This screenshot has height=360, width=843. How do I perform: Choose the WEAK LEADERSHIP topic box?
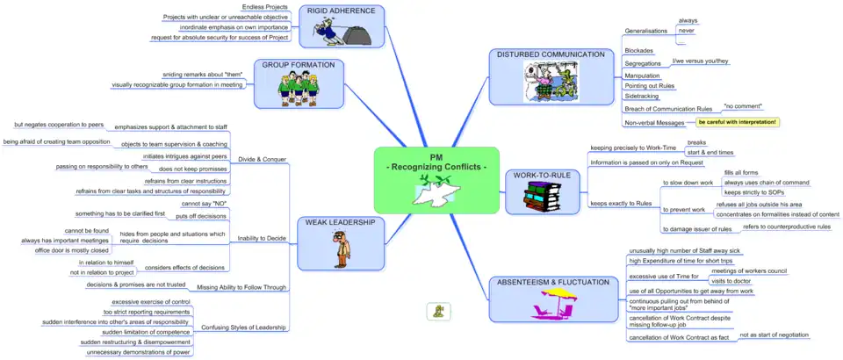click(340, 242)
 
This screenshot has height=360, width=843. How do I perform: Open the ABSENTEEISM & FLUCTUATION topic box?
click(552, 299)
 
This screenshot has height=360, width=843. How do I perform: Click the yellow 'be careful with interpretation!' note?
click(737, 121)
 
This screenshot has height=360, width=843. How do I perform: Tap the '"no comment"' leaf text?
click(736, 106)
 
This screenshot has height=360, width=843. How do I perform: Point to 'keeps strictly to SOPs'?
click(753, 191)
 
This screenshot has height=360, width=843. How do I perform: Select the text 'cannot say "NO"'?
click(204, 203)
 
